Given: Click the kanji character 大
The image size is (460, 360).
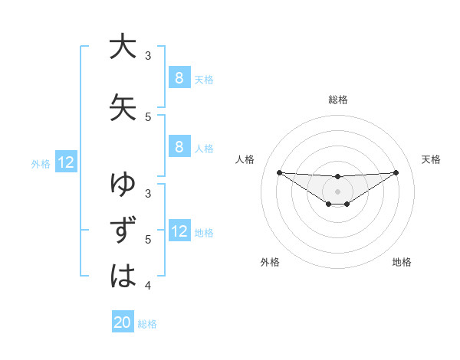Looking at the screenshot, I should (x=123, y=47).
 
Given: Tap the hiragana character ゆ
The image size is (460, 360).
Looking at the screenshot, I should (x=123, y=185).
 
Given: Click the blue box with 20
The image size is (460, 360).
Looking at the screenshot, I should (x=123, y=322).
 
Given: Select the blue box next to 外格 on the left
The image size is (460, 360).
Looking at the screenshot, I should (x=65, y=162).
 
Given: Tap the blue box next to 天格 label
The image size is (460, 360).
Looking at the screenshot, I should (x=179, y=77).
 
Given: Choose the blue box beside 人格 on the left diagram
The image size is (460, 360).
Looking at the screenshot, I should (x=179, y=148).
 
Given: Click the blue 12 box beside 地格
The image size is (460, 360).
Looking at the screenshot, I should (x=179, y=231).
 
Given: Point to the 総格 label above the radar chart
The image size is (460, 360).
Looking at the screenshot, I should (x=337, y=100).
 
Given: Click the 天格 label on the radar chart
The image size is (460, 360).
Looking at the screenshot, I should (x=432, y=159).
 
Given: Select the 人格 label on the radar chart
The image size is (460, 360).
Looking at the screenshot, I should (x=245, y=159).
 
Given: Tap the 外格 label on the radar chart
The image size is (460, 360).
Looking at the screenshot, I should (x=270, y=263).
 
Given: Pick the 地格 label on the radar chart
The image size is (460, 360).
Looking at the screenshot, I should (x=402, y=263).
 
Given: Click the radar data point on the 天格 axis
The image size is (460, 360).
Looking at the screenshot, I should (x=396, y=172).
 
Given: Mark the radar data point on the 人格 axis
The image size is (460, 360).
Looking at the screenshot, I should (x=279, y=172).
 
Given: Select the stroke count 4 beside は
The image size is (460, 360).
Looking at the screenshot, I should (x=148, y=286).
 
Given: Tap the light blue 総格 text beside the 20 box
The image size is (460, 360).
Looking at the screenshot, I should (x=147, y=324).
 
